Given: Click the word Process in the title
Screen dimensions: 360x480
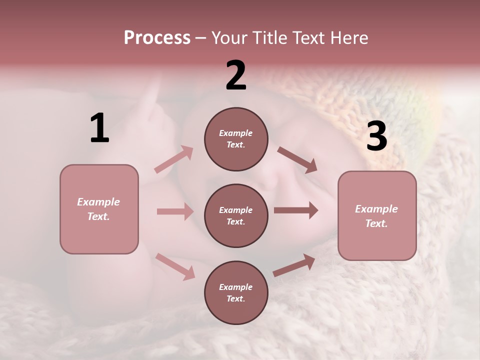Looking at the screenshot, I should [x=157, y=37].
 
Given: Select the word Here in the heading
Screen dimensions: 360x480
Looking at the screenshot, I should [x=348, y=37].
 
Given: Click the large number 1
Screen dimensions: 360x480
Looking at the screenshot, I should [x=99, y=128].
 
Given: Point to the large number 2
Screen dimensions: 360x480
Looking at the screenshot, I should [x=236, y=75].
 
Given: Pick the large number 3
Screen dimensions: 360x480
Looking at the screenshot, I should [x=376, y=136].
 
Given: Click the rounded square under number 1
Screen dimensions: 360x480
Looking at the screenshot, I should [x=99, y=209].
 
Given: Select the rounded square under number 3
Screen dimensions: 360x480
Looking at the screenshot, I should [x=377, y=215].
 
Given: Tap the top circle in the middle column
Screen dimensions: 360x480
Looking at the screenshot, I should [x=236, y=139].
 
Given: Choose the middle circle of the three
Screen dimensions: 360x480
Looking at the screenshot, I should [x=236, y=215].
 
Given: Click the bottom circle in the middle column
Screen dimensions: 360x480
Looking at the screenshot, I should [x=236, y=292].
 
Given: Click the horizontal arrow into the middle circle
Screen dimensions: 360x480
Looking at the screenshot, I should [x=175, y=211].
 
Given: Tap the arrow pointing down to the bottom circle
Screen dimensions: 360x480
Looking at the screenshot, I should [x=175, y=266].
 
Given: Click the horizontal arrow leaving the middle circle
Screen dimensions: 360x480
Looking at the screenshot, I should [x=296, y=210].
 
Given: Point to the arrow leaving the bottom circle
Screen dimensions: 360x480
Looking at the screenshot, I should [x=294, y=265].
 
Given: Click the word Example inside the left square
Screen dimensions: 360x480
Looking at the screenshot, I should [x=98, y=202].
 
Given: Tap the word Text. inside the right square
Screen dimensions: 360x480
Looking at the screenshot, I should [x=376, y=223].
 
